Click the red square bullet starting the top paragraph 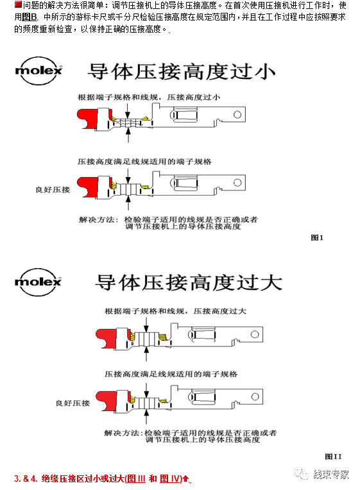click(17, 5)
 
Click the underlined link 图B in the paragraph click(30, 17)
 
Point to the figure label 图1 click(317, 237)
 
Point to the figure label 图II click(333, 456)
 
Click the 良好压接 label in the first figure click(53, 190)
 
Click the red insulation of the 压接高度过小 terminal click(85, 118)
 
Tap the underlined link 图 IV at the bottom click(169, 478)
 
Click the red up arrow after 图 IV click(185, 478)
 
